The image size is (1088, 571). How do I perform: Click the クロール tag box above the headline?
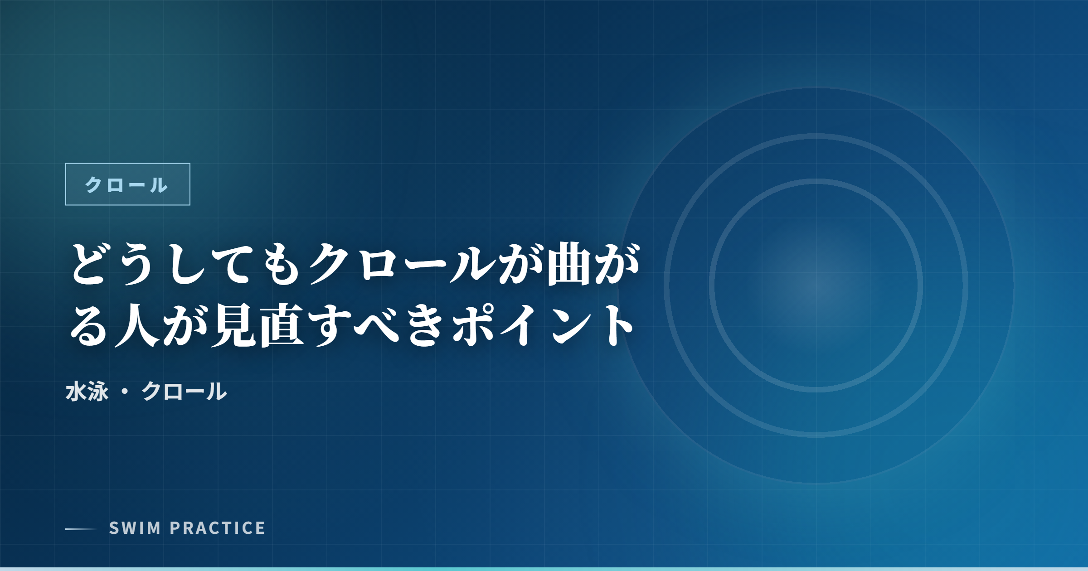coord(127,184)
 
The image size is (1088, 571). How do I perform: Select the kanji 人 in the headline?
coord(137,325)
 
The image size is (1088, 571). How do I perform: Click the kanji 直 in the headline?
coord(282,325)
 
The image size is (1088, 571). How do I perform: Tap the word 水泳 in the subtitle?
coord(87,391)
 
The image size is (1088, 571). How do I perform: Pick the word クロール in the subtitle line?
coord(184,391)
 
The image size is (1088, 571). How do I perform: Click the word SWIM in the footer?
coord(135,528)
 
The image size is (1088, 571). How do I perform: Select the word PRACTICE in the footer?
coord(218,528)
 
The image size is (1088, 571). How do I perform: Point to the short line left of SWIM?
coord(81,529)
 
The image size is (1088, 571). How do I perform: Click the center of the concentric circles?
coord(816,285)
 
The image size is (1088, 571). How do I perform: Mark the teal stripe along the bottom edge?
coord(544,569)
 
